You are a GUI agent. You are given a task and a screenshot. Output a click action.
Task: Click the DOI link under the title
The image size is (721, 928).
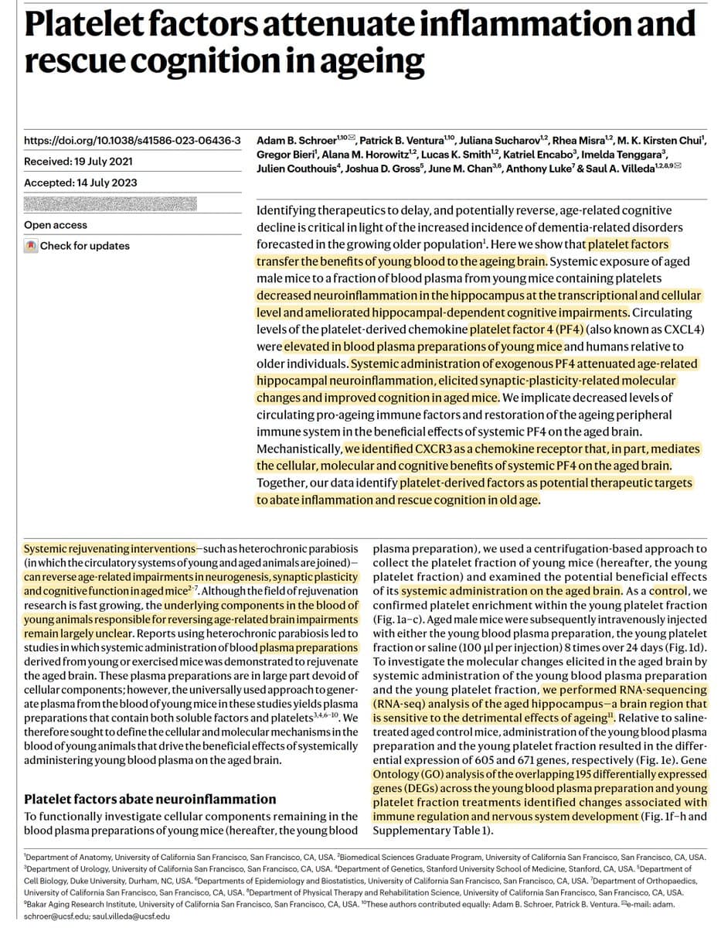[x=132, y=141]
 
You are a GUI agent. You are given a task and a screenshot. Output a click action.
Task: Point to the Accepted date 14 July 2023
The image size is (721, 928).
[x=80, y=183]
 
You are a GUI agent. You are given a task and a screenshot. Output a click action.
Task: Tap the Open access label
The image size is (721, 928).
[x=56, y=225]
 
